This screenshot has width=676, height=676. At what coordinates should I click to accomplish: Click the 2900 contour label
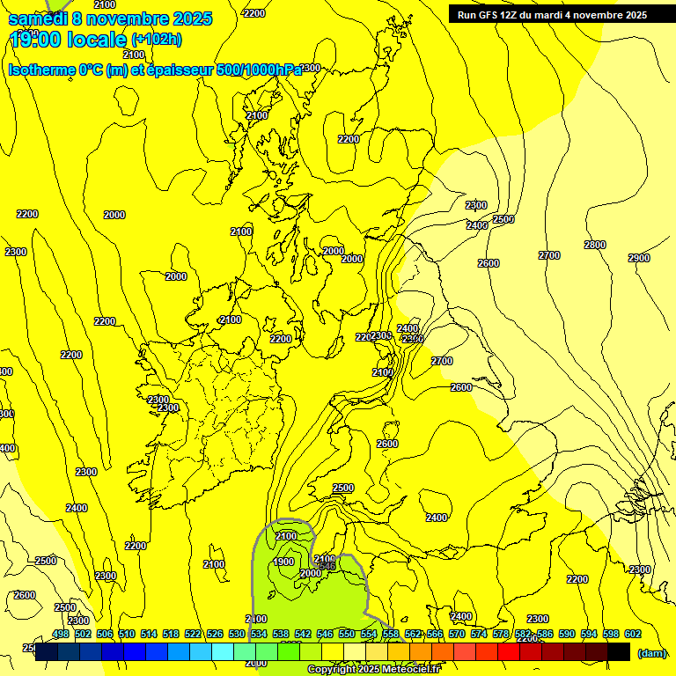point(639,258)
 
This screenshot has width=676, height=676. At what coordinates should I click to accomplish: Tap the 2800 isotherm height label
point(595,245)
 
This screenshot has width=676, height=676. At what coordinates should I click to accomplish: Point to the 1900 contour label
point(283,562)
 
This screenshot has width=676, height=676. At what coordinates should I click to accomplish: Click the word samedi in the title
point(38,18)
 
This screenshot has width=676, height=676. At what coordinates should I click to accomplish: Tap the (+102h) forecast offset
point(157,40)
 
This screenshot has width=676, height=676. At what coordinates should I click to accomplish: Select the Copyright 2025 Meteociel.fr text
point(375,670)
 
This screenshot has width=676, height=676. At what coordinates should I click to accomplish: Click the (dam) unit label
point(650,652)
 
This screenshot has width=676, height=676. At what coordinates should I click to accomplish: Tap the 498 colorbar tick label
point(61,634)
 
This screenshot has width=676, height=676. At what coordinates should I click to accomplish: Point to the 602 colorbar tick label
point(633,634)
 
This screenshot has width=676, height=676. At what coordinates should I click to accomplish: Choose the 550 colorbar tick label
point(347,634)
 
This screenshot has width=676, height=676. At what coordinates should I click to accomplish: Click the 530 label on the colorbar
point(237,634)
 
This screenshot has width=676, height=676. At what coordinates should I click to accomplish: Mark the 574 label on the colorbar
point(479,634)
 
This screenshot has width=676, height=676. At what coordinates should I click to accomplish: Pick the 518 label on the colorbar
point(171,634)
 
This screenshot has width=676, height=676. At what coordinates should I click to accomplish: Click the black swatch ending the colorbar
point(619,651)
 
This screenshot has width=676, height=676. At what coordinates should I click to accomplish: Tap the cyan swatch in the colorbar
point(223,651)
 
